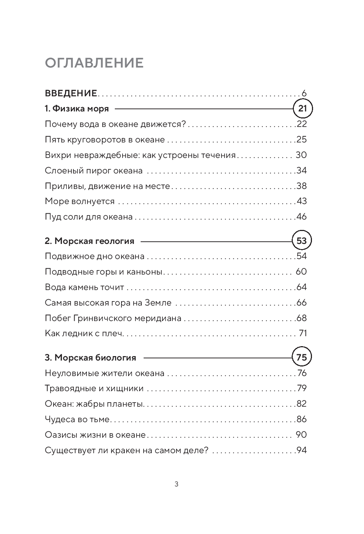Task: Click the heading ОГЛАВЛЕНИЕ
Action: point(94,63)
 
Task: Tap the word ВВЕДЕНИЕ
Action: point(71,93)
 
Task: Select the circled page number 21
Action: point(302,108)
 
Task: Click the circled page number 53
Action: point(302,241)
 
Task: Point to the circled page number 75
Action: point(302,357)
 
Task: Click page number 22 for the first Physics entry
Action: point(302,124)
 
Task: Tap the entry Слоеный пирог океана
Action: point(94,170)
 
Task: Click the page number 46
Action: point(302,217)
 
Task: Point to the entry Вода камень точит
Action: point(85,287)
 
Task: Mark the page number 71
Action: point(303,333)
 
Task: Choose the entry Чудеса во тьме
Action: point(78,419)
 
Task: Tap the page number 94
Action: point(302,450)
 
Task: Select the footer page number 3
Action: point(176,485)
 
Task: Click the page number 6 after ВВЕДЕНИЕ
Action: point(304,93)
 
